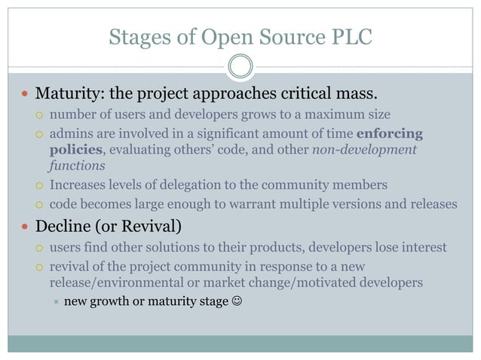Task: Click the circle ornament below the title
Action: pos(240,66)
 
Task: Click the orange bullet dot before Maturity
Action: pos(24,95)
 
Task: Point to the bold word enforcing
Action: pos(389,134)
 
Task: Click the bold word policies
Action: pos(75,149)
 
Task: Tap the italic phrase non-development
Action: pos(364,149)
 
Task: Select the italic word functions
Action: pos(78,165)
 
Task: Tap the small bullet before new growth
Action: pos(55,303)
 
